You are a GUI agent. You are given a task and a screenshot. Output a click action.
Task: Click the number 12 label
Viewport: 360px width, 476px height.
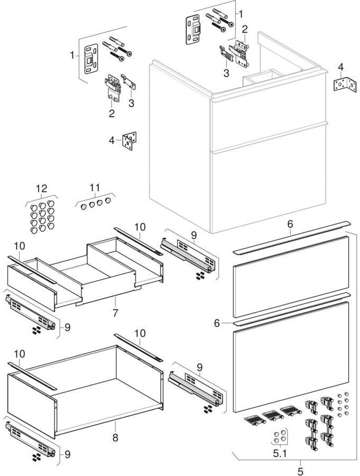pyautogui.click(x=41, y=188)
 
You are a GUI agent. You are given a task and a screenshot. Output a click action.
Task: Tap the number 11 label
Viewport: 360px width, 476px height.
pyautogui.click(x=95, y=187)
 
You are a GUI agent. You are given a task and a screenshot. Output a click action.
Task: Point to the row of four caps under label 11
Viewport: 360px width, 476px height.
pyautogui.click(x=95, y=203)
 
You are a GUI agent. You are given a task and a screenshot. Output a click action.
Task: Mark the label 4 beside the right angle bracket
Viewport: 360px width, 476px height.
pyautogui.click(x=341, y=67)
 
